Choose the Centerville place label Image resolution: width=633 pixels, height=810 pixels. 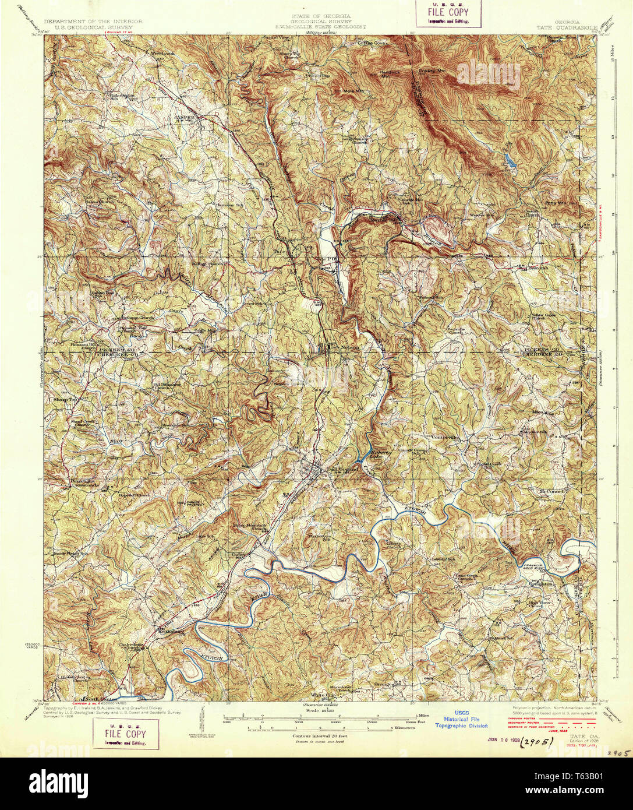pyautogui.click(x=446, y=436)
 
